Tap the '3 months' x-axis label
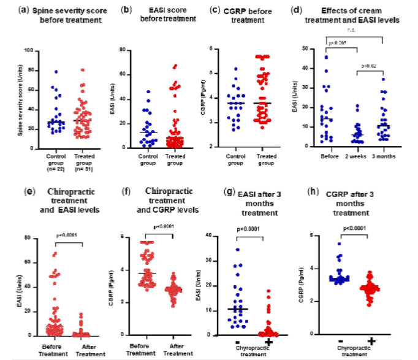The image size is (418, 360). [x=383, y=155]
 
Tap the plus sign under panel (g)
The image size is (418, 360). [x=268, y=340]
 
